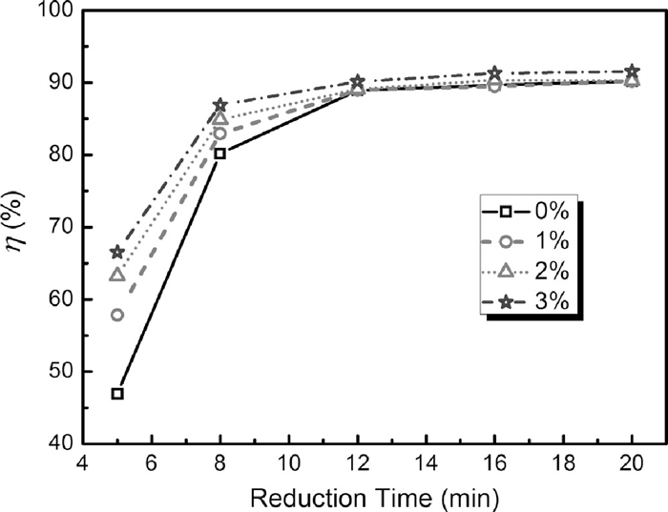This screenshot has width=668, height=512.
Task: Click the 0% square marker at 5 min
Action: pyautogui.click(x=117, y=393)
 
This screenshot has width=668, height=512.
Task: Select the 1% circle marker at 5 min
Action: pyautogui.click(x=117, y=315)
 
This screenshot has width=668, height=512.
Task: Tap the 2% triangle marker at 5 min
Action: pyautogui.click(x=117, y=275)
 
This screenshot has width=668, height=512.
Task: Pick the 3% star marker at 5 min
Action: pyautogui.click(x=117, y=252)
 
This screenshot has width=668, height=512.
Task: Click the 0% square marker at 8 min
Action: pyautogui.click(x=220, y=153)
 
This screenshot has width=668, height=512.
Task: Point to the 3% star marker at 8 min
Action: pyautogui.click(x=220, y=105)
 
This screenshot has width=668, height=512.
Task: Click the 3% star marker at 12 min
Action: pyautogui.click(x=358, y=82)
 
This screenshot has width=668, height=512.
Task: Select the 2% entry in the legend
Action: pyautogui.click(x=529, y=271)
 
